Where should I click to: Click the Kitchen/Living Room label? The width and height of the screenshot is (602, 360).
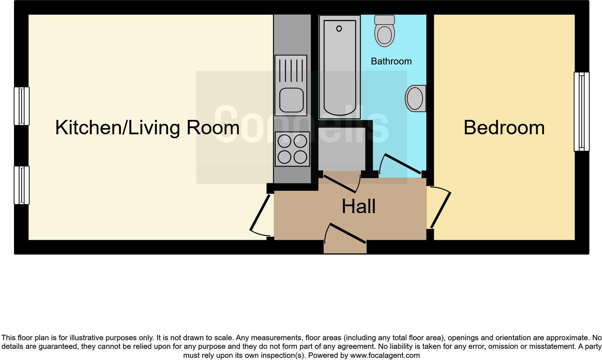[x=147, y=128]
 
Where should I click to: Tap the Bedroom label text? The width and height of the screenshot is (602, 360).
[x=504, y=128]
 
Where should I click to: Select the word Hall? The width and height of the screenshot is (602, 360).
[x=358, y=207]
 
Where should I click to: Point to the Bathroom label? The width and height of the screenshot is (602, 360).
[x=391, y=61]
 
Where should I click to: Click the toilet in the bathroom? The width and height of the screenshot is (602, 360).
[x=385, y=32]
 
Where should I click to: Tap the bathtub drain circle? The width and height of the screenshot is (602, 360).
[x=339, y=28]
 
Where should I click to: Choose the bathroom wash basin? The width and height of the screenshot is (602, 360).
[x=416, y=98]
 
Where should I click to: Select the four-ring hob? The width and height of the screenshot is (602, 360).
[x=292, y=149]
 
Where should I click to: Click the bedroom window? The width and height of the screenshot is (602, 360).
[x=581, y=111]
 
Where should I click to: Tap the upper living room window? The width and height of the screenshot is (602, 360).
[x=22, y=106]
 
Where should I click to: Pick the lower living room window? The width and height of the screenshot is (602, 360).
[x=22, y=185]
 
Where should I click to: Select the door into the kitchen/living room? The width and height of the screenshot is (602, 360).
[x=260, y=213]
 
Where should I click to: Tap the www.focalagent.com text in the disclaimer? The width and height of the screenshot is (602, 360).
[x=385, y=355]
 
